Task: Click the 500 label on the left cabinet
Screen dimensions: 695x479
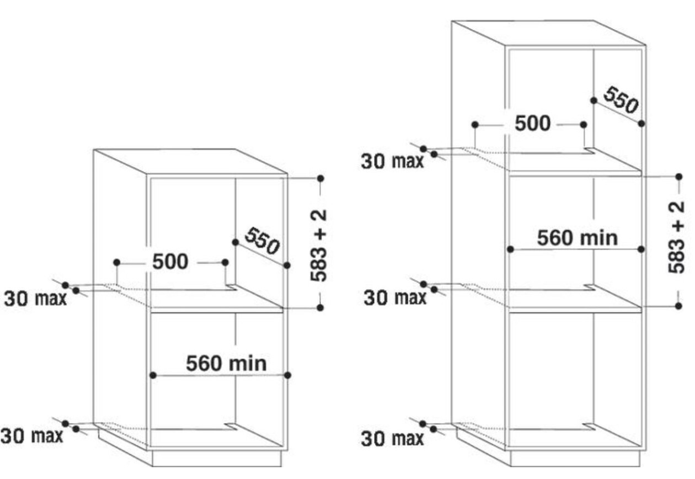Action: pos(170,262)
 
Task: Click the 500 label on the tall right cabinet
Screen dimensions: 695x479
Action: pos(533,123)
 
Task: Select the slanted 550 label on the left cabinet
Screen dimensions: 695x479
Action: pos(263,241)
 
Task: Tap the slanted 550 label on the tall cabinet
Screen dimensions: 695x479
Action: pos(621,100)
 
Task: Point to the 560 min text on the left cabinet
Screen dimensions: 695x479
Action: pos(226,363)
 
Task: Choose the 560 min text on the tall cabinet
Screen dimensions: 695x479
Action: pos(578,238)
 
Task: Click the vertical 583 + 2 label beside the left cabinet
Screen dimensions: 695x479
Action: pos(319,246)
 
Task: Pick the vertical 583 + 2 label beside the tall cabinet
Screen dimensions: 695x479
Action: pos(677,237)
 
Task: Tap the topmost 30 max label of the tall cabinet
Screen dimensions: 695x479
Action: pos(392,162)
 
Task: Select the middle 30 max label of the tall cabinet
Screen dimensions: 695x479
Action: pos(395,297)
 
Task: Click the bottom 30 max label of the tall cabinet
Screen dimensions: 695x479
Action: pos(392,439)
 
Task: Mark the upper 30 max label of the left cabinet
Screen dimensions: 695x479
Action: pos(35,299)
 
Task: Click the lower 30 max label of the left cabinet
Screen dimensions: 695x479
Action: pos(32,435)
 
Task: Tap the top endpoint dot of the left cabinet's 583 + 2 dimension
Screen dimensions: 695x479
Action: pos(320,178)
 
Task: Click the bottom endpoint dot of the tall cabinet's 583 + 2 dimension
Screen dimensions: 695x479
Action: pos(678,306)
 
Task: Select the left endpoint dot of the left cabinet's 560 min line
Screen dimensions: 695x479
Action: pos(153,375)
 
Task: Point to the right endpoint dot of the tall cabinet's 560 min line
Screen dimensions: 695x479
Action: pos(641,249)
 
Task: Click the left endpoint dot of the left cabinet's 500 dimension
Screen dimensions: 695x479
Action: pos(117,263)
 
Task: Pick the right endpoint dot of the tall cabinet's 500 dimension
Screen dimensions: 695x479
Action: pos(584,125)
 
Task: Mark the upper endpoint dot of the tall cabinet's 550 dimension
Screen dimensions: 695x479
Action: pos(594,100)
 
